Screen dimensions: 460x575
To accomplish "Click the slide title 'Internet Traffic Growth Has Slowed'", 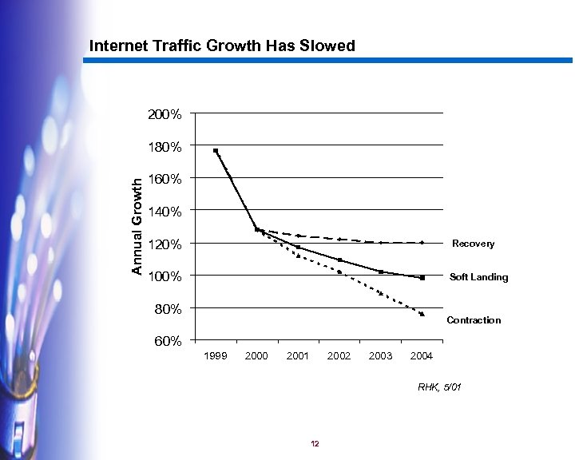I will tap(222, 46).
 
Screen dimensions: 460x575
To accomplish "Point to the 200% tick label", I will tap(165, 114).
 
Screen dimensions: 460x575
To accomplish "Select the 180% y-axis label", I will tap(165, 147).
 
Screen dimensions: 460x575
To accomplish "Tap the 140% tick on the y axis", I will tap(165, 212).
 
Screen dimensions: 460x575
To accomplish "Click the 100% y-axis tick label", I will tap(165, 276).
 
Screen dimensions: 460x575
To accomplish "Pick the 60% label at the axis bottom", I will tap(168, 341).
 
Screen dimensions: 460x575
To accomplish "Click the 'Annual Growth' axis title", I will tap(137, 227).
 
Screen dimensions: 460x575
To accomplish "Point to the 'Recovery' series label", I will tap(473, 244).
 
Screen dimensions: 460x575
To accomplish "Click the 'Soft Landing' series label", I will tap(478, 277).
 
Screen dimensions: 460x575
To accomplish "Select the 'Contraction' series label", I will tap(474, 320).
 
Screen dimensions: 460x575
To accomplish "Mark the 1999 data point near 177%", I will tap(216, 151).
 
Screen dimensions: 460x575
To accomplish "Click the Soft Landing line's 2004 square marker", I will tap(422, 278).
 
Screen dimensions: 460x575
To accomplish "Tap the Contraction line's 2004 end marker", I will tap(422, 314).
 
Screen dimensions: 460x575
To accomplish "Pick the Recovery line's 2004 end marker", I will tap(422, 243).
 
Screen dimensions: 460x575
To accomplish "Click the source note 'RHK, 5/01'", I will tap(439, 387).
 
